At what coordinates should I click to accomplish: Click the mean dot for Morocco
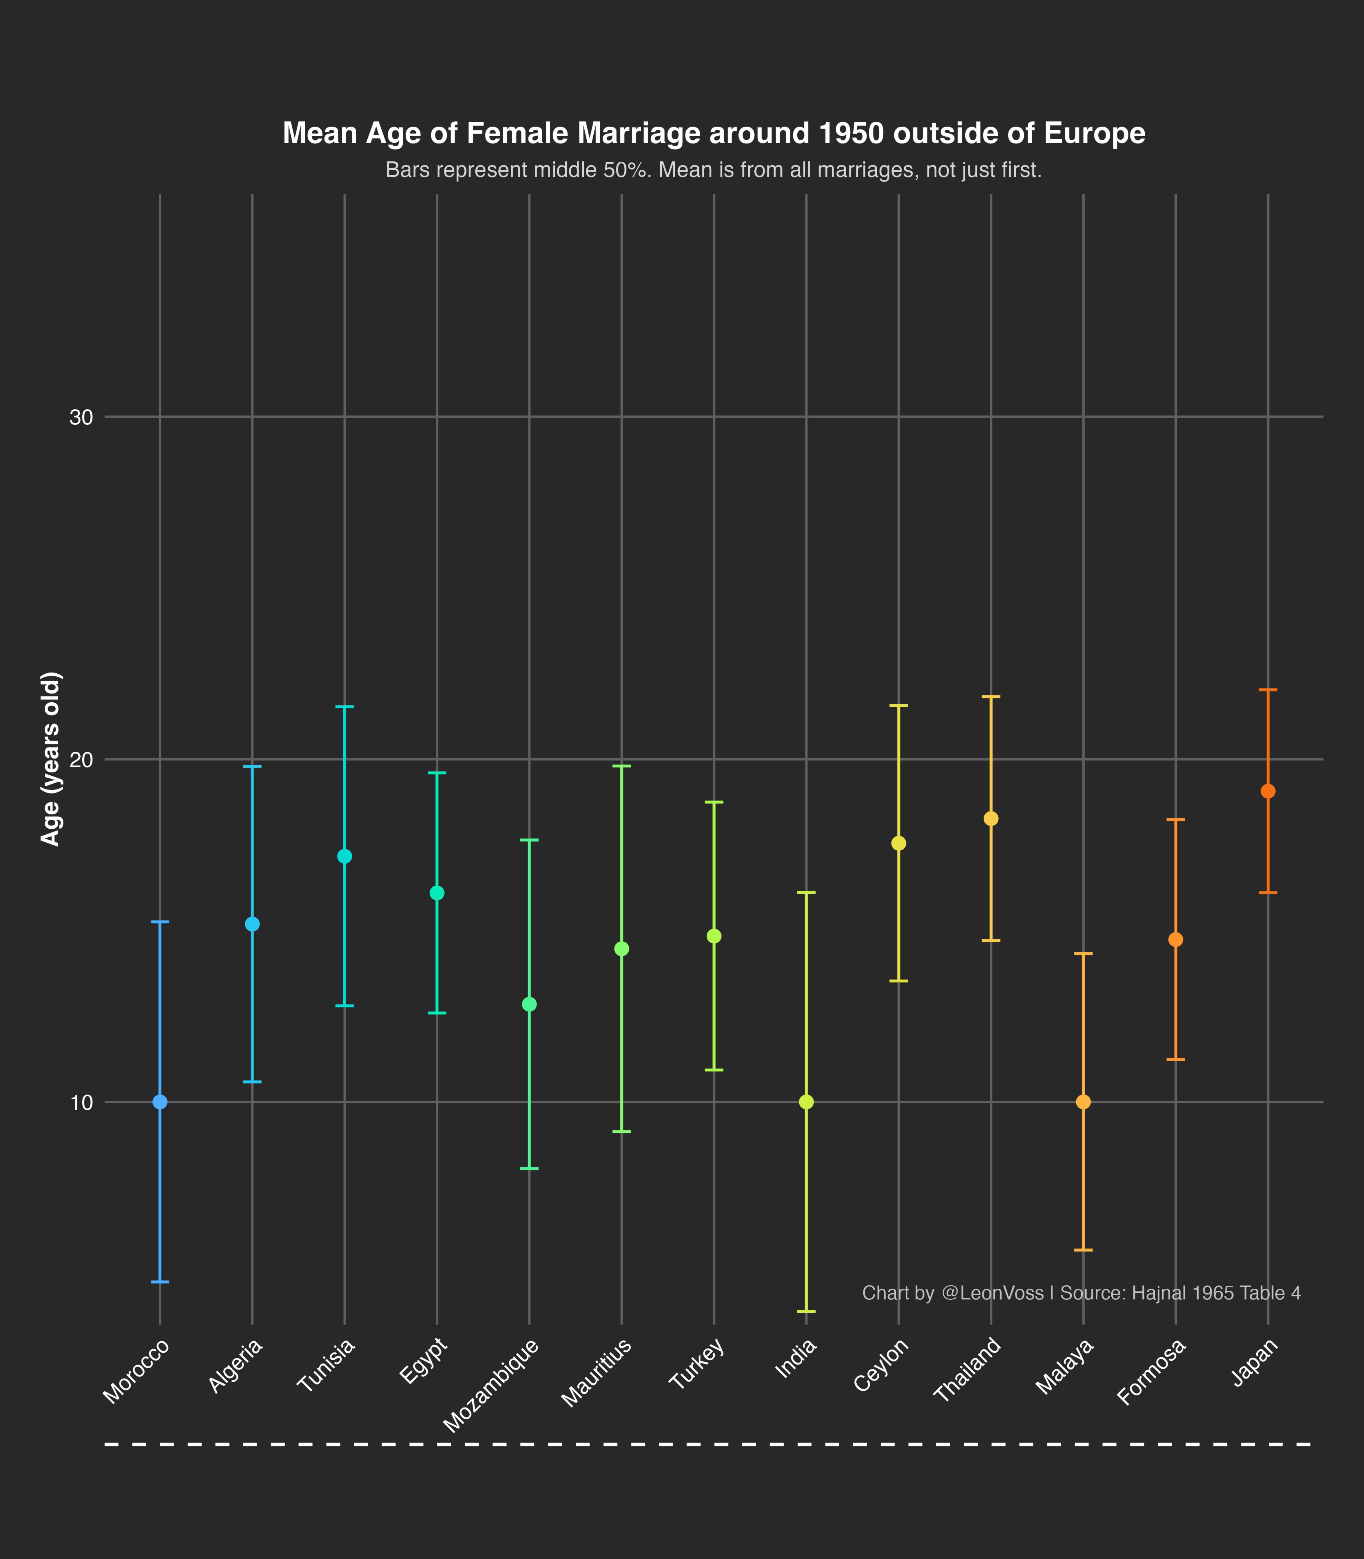160,1102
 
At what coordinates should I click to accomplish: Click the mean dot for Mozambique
530,1004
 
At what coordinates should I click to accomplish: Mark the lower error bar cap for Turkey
714,1070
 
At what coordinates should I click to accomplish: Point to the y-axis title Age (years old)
50,759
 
